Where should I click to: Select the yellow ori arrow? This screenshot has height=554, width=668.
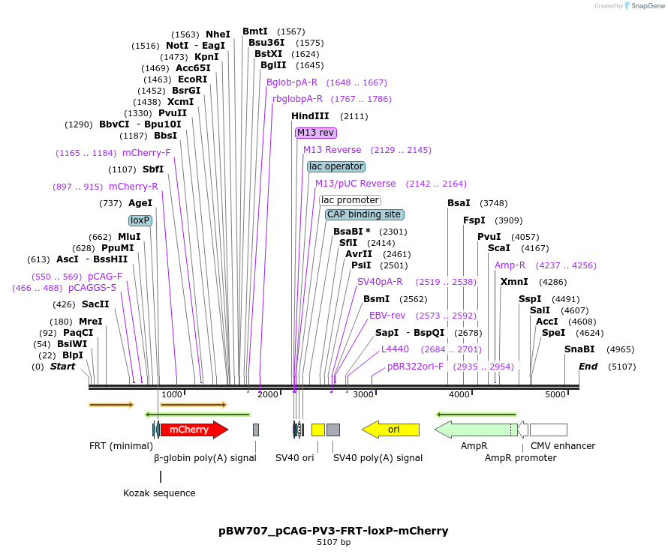(x=391, y=430)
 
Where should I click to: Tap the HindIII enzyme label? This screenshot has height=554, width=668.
(x=310, y=116)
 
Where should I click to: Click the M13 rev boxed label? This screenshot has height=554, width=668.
(x=315, y=133)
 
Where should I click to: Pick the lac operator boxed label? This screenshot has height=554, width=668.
(x=336, y=166)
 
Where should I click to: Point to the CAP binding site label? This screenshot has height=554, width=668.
(x=364, y=214)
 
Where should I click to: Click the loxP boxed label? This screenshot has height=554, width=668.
(x=140, y=220)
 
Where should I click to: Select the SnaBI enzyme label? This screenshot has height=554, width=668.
(x=579, y=349)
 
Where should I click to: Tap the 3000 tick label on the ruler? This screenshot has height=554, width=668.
(x=363, y=394)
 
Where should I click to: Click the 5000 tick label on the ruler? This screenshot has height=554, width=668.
(x=555, y=394)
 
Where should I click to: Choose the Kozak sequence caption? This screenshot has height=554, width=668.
(x=159, y=493)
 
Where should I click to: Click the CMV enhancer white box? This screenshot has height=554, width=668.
(x=548, y=430)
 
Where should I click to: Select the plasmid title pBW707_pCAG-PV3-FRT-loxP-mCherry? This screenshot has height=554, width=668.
(x=333, y=531)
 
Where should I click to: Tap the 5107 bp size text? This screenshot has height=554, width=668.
(x=333, y=542)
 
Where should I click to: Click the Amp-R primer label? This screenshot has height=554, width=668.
(x=510, y=265)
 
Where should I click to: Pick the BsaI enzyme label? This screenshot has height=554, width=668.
(x=459, y=203)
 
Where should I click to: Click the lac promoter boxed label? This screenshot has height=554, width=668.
(x=350, y=200)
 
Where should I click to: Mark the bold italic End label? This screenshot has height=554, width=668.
(x=588, y=367)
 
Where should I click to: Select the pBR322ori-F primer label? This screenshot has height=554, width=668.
(x=415, y=367)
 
